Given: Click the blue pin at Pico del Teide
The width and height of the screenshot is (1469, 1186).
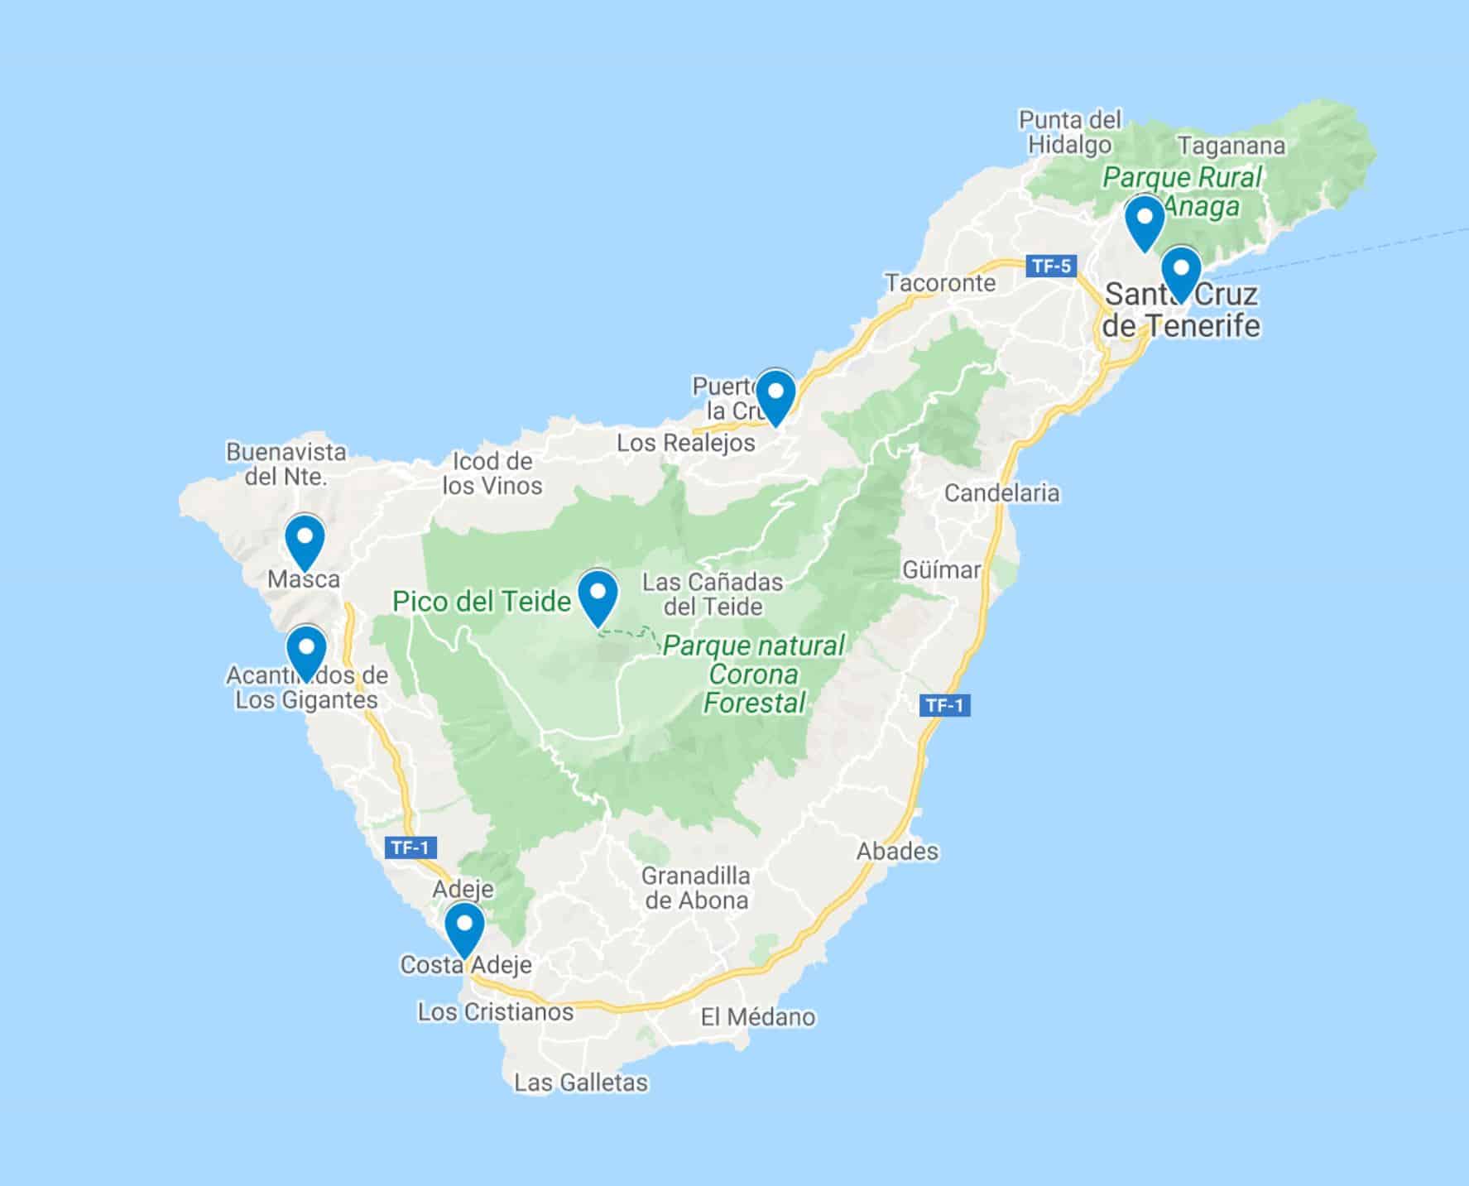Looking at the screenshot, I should pyautogui.click(x=598, y=594).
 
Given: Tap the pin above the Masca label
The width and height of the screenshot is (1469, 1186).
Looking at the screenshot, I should pyautogui.click(x=305, y=540).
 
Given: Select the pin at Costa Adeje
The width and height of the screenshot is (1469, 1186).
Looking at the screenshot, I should pyautogui.click(x=464, y=927).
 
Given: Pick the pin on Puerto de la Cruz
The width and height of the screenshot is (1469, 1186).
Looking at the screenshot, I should pyautogui.click(x=775, y=395).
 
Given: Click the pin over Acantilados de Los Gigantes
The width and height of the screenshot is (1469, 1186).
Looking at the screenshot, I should pyautogui.click(x=306, y=651).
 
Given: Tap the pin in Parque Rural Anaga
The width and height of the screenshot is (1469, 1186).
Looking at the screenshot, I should pyautogui.click(x=1145, y=221).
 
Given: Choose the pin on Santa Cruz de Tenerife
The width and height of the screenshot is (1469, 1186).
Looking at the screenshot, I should pyautogui.click(x=1181, y=272).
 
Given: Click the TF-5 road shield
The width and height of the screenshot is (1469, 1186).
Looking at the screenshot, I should pyautogui.click(x=1051, y=266).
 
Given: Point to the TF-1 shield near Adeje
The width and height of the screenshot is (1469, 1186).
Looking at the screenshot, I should pyautogui.click(x=410, y=847).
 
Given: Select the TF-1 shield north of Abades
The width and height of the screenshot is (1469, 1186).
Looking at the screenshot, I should pyautogui.click(x=945, y=705).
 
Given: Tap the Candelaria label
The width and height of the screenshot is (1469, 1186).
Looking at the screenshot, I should pyautogui.click(x=1001, y=493).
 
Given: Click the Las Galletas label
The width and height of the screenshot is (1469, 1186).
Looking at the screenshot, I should pyautogui.click(x=581, y=1083).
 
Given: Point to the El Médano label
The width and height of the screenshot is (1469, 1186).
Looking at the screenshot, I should pyautogui.click(x=758, y=1017).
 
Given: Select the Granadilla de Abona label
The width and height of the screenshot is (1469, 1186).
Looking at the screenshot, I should pyautogui.click(x=696, y=888).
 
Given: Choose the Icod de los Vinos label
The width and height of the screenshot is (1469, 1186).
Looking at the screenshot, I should pyautogui.click(x=492, y=473).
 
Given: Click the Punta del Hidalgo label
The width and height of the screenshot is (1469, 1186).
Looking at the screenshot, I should pyautogui.click(x=1070, y=132).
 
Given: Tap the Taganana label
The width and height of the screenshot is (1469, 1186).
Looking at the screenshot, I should pyautogui.click(x=1231, y=146).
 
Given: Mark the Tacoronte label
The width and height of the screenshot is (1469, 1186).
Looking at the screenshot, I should pyautogui.click(x=940, y=283).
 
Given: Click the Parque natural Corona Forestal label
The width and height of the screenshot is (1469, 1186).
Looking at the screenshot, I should pyautogui.click(x=754, y=675).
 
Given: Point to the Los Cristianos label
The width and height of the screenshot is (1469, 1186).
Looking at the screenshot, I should pyautogui.click(x=495, y=1012).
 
